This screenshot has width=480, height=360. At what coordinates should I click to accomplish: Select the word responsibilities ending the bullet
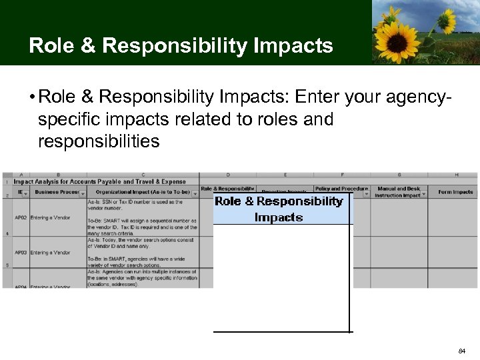[99, 141]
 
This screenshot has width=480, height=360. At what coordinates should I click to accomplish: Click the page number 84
[462, 351]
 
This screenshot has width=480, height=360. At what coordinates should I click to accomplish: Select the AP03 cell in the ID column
[21, 253]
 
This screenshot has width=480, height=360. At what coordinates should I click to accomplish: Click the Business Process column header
[57, 192]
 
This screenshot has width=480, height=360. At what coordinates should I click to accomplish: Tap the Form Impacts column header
[455, 192]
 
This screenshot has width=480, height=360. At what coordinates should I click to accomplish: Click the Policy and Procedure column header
[341, 189]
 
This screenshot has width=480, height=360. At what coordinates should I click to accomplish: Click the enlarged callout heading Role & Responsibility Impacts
[279, 209]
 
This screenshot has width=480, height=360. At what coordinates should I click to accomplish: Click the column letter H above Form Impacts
[456, 175]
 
